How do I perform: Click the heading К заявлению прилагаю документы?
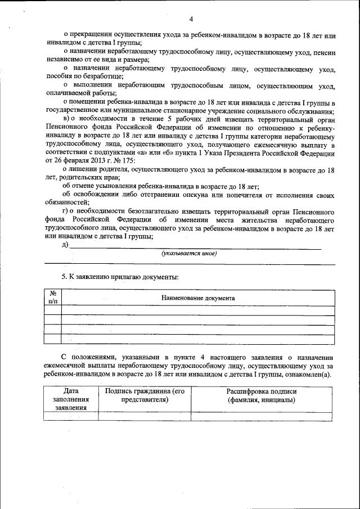pos(120,277)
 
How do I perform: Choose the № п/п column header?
pos(53,298)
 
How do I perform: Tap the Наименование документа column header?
pos(198,298)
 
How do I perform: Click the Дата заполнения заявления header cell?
pos(70,399)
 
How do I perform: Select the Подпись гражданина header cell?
pos(145,395)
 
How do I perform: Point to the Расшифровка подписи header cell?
pos(262,395)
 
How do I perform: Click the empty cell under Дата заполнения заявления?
pos(70,416)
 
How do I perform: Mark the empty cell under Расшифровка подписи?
pos(262,416)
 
